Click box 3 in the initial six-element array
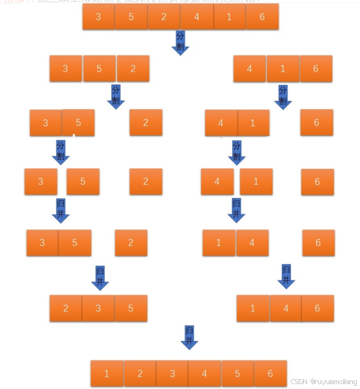click(98, 17)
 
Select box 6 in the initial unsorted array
click(262, 17)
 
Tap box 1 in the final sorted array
click(107, 374)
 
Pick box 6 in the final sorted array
click(270, 374)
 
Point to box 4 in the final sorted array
click(205, 374)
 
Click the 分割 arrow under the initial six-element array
click(180, 42)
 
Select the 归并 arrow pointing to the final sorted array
click(189, 337)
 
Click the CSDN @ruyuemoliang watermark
click(323, 381)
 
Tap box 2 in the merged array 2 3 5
click(66, 309)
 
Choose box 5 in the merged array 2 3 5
click(131, 309)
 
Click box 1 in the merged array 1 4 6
click(253, 309)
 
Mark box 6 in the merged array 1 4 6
click(317, 309)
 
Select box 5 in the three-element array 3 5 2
click(99, 69)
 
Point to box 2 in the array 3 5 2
click(133, 69)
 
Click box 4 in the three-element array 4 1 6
click(249, 69)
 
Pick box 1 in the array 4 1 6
click(283, 69)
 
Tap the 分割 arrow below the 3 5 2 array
click(115, 96)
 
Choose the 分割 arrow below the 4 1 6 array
click(283, 97)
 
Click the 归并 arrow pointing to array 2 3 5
click(100, 277)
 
